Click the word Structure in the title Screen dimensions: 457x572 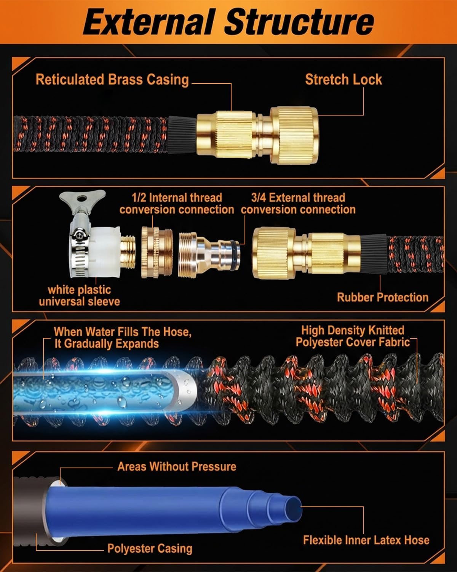[x=299, y=22]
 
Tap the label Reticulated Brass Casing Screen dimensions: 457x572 [x=112, y=79]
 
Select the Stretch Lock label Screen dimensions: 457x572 [x=344, y=79]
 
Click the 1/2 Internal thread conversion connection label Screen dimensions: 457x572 [x=177, y=204]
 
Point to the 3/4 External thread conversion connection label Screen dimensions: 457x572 [x=298, y=204]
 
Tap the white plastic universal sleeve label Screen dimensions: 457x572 [x=79, y=296]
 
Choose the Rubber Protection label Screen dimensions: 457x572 [x=383, y=297]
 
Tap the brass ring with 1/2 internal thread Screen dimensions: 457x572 [x=157, y=252]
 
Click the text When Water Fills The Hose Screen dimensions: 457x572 [x=122, y=332]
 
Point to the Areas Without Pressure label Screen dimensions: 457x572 [x=177, y=466]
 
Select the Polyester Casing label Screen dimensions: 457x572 [x=150, y=548]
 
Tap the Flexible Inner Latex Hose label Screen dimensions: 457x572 [x=366, y=540]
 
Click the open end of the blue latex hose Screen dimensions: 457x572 [x=293, y=509]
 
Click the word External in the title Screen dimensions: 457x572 [x=149, y=22]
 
